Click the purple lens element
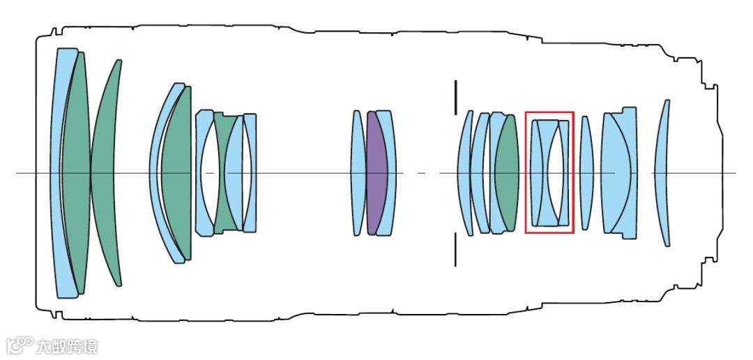376,173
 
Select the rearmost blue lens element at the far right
665,173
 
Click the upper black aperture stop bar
455,97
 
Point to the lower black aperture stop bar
455,249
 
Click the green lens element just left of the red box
507,173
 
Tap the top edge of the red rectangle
549,112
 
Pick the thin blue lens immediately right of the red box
586,173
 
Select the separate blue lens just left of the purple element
358,173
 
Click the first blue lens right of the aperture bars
465,173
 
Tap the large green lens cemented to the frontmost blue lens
75,173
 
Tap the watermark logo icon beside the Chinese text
20,345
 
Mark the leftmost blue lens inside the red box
538,173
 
